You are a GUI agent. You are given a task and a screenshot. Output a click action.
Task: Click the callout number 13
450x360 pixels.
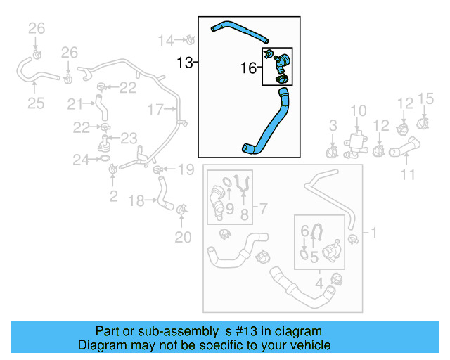pos(184,63)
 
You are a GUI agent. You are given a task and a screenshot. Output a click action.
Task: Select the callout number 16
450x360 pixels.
pos(249,68)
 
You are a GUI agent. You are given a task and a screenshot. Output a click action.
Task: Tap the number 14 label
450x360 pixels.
pos(165,40)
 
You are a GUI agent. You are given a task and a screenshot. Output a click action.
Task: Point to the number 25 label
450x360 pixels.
pos(36,103)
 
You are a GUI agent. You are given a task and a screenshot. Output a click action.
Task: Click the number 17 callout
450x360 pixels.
pos(156,109)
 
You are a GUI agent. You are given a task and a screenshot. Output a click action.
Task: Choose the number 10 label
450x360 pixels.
pos(359,110)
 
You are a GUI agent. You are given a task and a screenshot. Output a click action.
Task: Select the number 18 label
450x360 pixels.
pos(138,201)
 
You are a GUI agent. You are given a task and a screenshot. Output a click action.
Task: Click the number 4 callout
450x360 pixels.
pos(319,283)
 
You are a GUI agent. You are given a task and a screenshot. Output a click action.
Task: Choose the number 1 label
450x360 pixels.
pos(373,232)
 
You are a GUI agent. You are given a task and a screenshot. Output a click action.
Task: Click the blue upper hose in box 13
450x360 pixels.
pos(239,30)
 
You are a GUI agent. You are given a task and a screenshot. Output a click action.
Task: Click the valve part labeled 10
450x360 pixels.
pos(357,141)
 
